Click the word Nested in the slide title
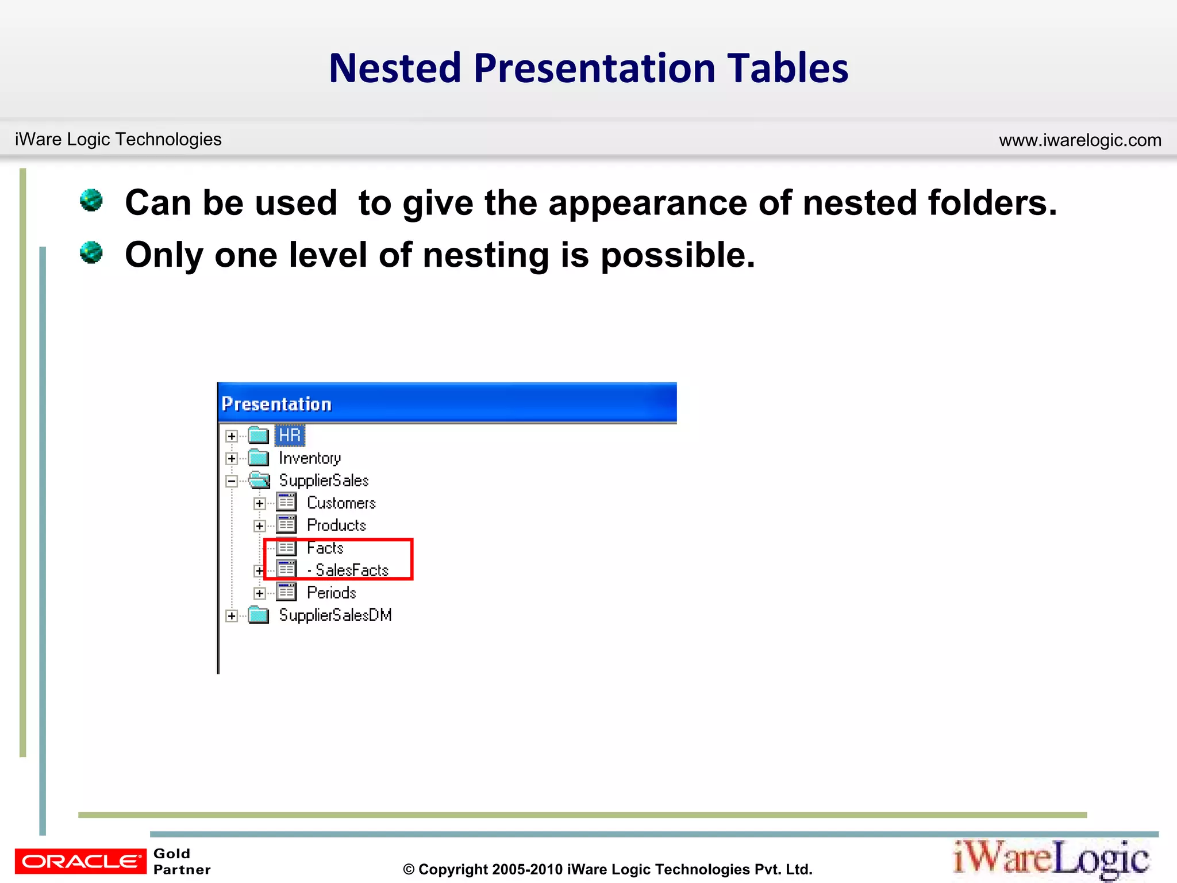pos(395,68)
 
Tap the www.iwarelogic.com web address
pos(1080,140)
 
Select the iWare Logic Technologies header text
pos(118,139)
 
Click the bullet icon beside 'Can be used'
pos(91,201)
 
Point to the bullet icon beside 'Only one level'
pos(91,252)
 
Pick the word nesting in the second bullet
pos(486,255)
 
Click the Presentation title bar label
pos(276,404)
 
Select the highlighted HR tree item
pos(290,435)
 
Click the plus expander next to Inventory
pos(232,459)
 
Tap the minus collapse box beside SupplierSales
pos(232,481)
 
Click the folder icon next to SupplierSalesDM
pos(259,615)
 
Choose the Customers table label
pos(341,503)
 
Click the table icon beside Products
pos(286,525)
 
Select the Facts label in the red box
pos(325,548)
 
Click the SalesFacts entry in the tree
pos(351,570)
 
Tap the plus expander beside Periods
pos(260,593)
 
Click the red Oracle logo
pos(80,861)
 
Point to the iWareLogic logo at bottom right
pos(1051,859)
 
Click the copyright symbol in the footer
pos(409,870)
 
